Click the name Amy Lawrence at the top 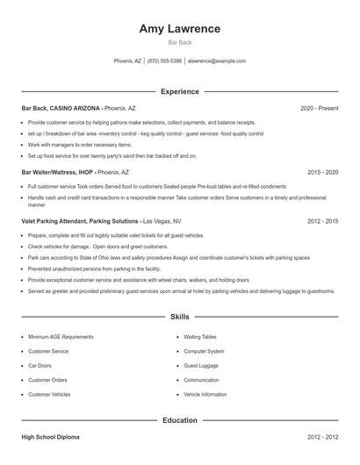tap(179, 29)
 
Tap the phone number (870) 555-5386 tap(165, 61)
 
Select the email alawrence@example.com tap(217, 61)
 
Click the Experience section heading tap(179, 91)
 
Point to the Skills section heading tap(179, 316)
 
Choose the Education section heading tap(179, 420)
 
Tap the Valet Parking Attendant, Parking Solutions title tap(80, 221)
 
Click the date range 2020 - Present tap(319, 108)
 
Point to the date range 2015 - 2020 tap(322, 173)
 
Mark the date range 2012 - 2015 tap(322, 221)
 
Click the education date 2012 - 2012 tap(322, 436)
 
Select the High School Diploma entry tap(51, 436)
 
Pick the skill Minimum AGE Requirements tap(61, 336)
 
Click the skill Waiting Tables tap(200, 336)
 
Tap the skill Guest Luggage tap(201, 365)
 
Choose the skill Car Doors tap(40, 365)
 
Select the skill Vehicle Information tap(205, 395)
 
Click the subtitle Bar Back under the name tap(179, 42)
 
